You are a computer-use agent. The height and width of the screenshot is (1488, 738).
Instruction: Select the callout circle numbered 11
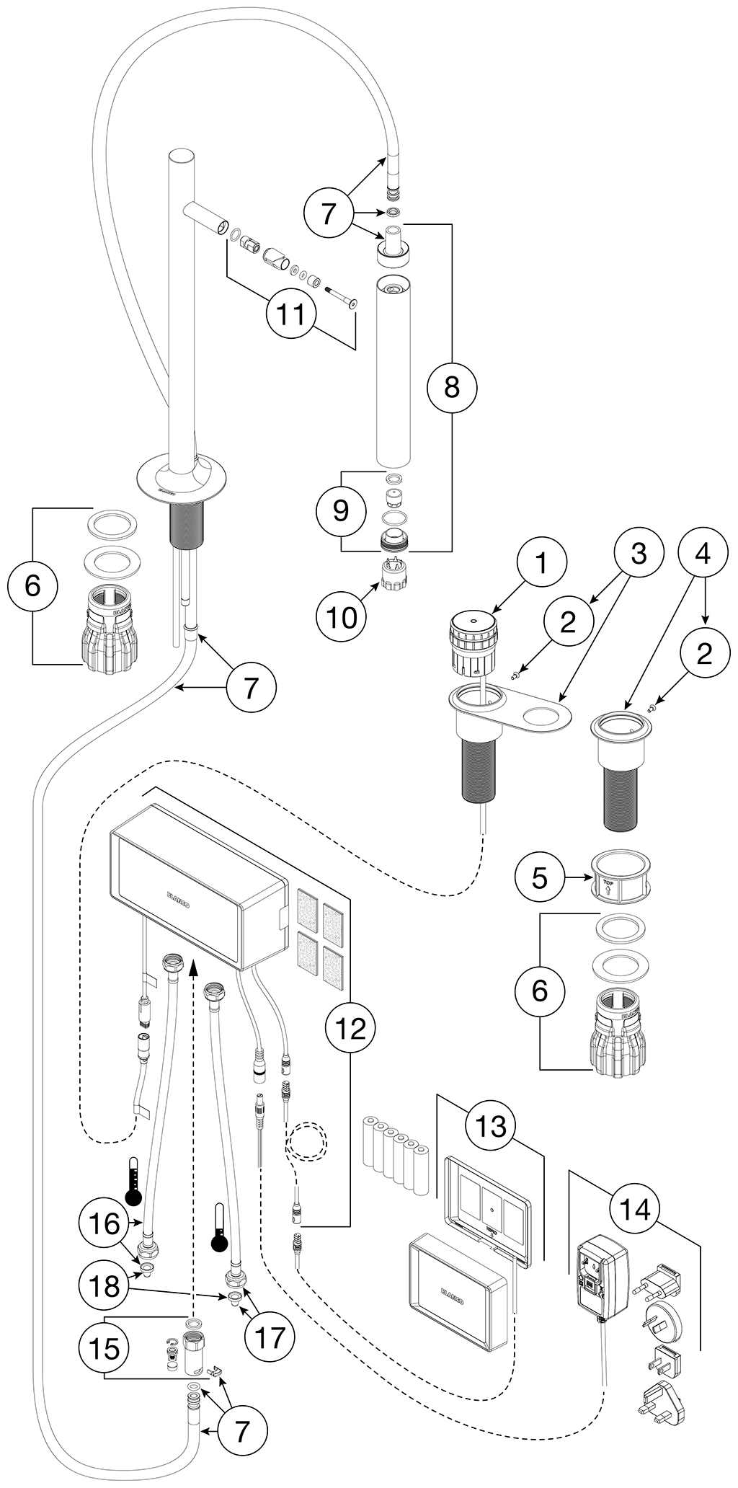[292, 314]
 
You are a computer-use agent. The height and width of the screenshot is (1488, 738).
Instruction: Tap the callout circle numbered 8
[452, 387]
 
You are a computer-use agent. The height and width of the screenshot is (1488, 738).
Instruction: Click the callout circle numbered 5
[541, 878]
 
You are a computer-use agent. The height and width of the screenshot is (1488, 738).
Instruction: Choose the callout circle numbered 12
[350, 1029]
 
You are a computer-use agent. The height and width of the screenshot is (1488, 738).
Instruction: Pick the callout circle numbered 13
[491, 1125]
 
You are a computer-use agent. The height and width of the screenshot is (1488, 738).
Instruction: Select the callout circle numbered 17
[270, 1338]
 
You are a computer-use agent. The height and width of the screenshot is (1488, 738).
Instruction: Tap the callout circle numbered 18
[105, 1286]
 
